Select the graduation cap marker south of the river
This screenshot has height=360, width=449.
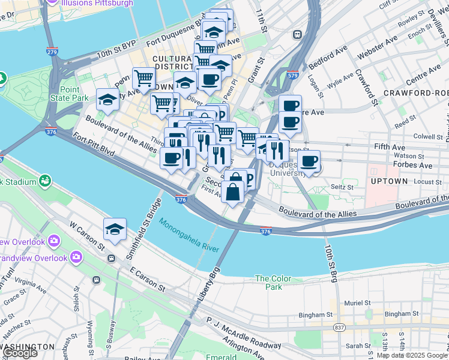point(115,229)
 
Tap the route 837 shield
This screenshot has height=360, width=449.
point(340,327)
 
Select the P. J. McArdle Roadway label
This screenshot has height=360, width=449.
point(243,333)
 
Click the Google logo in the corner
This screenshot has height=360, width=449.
point(20,353)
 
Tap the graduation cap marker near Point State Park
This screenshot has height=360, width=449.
point(107,100)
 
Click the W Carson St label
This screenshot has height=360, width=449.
point(88,236)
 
